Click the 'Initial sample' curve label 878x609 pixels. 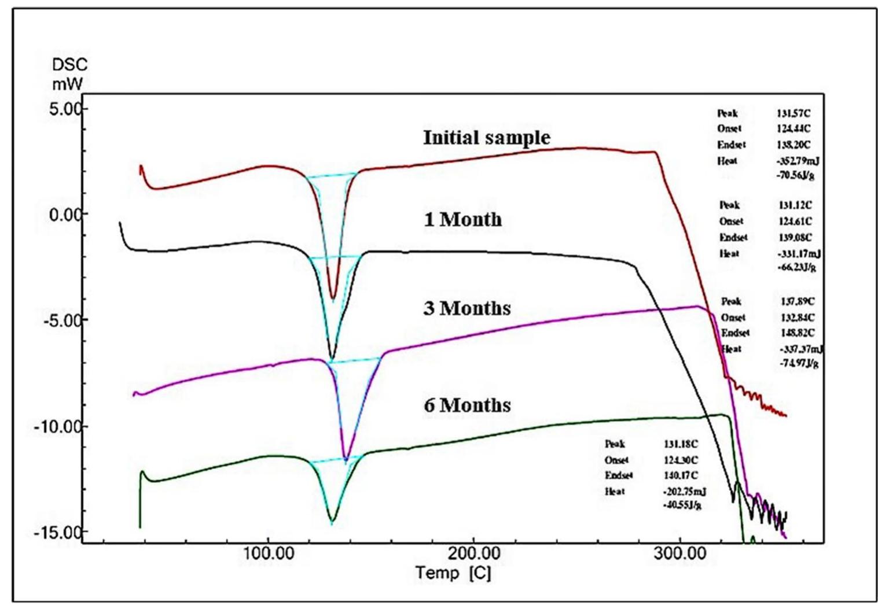pyautogui.click(x=486, y=138)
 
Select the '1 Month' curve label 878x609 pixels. pyautogui.click(x=462, y=220)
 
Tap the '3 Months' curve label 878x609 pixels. pyautogui.click(x=466, y=308)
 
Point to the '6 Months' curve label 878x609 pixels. pyautogui.click(x=466, y=405)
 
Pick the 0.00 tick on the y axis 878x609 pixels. pyautogui.click(x=65, y=215)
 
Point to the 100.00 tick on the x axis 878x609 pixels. pyautogui.click(x=268, y=553)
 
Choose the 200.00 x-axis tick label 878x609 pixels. pyautogui.click(x=473, y=553)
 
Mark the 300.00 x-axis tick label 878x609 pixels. pyautogui.click(x=679, y=553)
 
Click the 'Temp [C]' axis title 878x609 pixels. pyautogui.click(x=453, y=573)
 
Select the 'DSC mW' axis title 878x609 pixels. pyautogui.click(x=69, y=74)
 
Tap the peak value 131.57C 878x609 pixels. pyautogui.click(x=793, y=113)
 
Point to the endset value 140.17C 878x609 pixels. pyautogui.click(x=681, y=475)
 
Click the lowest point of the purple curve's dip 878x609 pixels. pyautogui.click(x=346, y=460)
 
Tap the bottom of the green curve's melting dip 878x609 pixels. pyautogui.click(x=332, y=521)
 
